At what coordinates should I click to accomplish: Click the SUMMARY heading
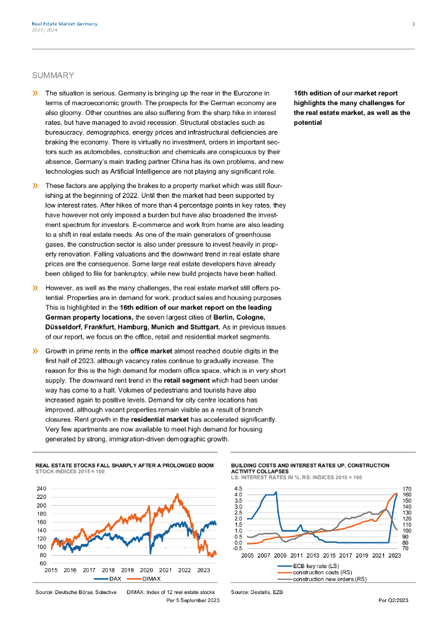[x=52, y=75]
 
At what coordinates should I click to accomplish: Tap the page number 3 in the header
[x=413, y=24]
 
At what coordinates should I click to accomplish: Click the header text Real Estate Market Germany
[x=64, y=24]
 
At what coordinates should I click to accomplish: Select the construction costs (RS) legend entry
[x=322, y=572]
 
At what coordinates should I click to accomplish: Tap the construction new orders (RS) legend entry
[x=329, y=579]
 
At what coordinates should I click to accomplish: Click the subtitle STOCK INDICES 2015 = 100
[x=70, y=471]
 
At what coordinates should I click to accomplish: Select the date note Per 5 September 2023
[x=193, y=600]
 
